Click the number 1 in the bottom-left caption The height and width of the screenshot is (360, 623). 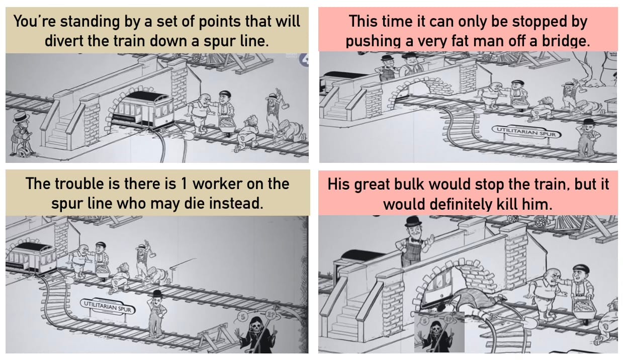[183, 184]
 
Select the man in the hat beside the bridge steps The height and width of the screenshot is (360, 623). [22, 134]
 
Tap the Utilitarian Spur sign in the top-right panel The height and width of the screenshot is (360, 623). [526, 134]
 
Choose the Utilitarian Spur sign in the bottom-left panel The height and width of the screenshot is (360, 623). [108, 307]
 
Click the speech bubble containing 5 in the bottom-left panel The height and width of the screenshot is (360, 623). [242, 317]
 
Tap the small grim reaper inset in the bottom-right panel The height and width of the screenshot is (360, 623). [439, 332]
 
